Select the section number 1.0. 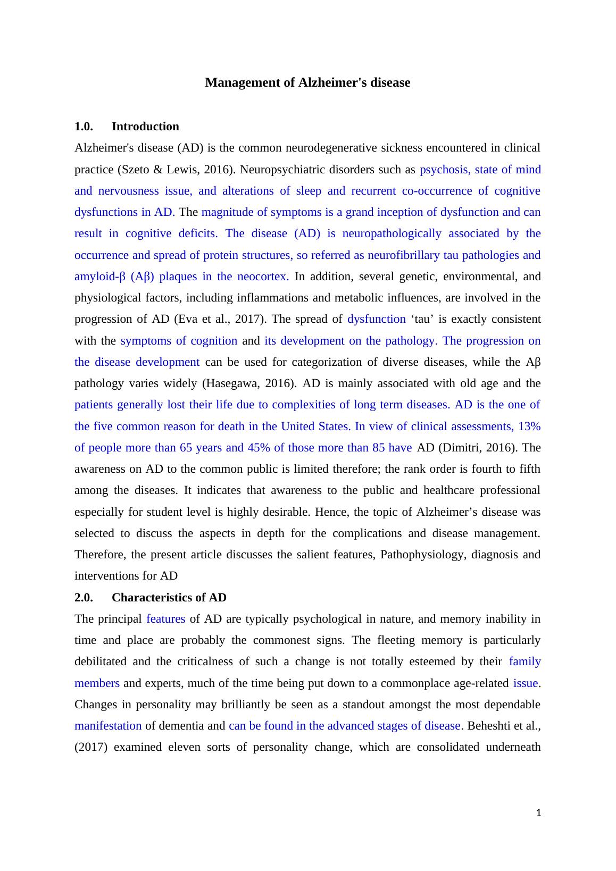(x=84, y=127)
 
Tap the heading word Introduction (x=145, y=127)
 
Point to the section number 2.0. (x=84, y=598)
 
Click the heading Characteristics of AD (x=169, y=598)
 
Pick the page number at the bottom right (x=538, y=813)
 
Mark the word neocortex (x=263, y=277)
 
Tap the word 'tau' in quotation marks (x=422, y=319)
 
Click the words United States (x=315, y=426)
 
